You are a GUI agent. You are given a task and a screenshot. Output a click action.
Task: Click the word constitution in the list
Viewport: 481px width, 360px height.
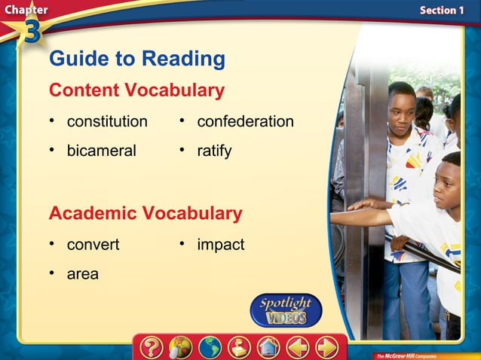pyautogui.click(x=107, y=121)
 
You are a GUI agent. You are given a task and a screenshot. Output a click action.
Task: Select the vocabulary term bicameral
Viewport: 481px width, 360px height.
pyautogui.click(x=101, y=151)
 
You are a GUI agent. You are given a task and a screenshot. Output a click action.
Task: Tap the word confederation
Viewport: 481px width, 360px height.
pyautogui.click(x=245, y=121)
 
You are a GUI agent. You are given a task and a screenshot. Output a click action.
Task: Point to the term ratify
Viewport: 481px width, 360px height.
pyautogui.click(x=214, y=151)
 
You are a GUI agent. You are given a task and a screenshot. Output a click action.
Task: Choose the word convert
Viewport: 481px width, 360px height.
pyautogui.click(x=93, y=245)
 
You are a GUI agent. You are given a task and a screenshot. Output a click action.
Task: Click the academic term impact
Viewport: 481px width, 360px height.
pyautogui.click(x=220, y=245)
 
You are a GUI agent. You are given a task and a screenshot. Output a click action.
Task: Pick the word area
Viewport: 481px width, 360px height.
pyautogui.click(x=82, y=274)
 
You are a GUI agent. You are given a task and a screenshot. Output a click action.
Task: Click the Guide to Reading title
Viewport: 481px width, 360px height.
pyautogui.click(x=136, y=59)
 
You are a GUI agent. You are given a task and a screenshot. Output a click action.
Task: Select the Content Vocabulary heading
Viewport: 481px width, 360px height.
pyautogui.click(x=136, y=90)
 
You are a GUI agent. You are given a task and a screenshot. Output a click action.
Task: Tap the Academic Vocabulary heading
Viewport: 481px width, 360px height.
pyautogui.click(x=146, y=213)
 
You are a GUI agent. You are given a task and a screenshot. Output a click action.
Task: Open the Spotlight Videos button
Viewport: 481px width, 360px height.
pyautogui.click(x=286, y=310)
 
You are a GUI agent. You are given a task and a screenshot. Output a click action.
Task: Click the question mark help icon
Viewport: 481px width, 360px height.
pyautogui.click(x=152, y=347)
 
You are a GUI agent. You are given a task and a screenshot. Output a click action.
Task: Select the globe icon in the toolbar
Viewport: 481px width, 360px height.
pyautogui.click(x=210, y=347)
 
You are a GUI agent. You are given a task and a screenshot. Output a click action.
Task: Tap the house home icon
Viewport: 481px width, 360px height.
pyautogui.click(x=268, y=347)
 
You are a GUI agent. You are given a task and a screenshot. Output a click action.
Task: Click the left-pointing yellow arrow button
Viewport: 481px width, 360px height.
pyautogui.click(x=298, y=347)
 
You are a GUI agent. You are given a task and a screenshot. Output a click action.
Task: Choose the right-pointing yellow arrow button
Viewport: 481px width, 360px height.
pyautogui.click(x=326, y=347)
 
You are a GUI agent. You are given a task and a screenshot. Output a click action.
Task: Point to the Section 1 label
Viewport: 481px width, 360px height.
pyautogui.click(x=442, y=10)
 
